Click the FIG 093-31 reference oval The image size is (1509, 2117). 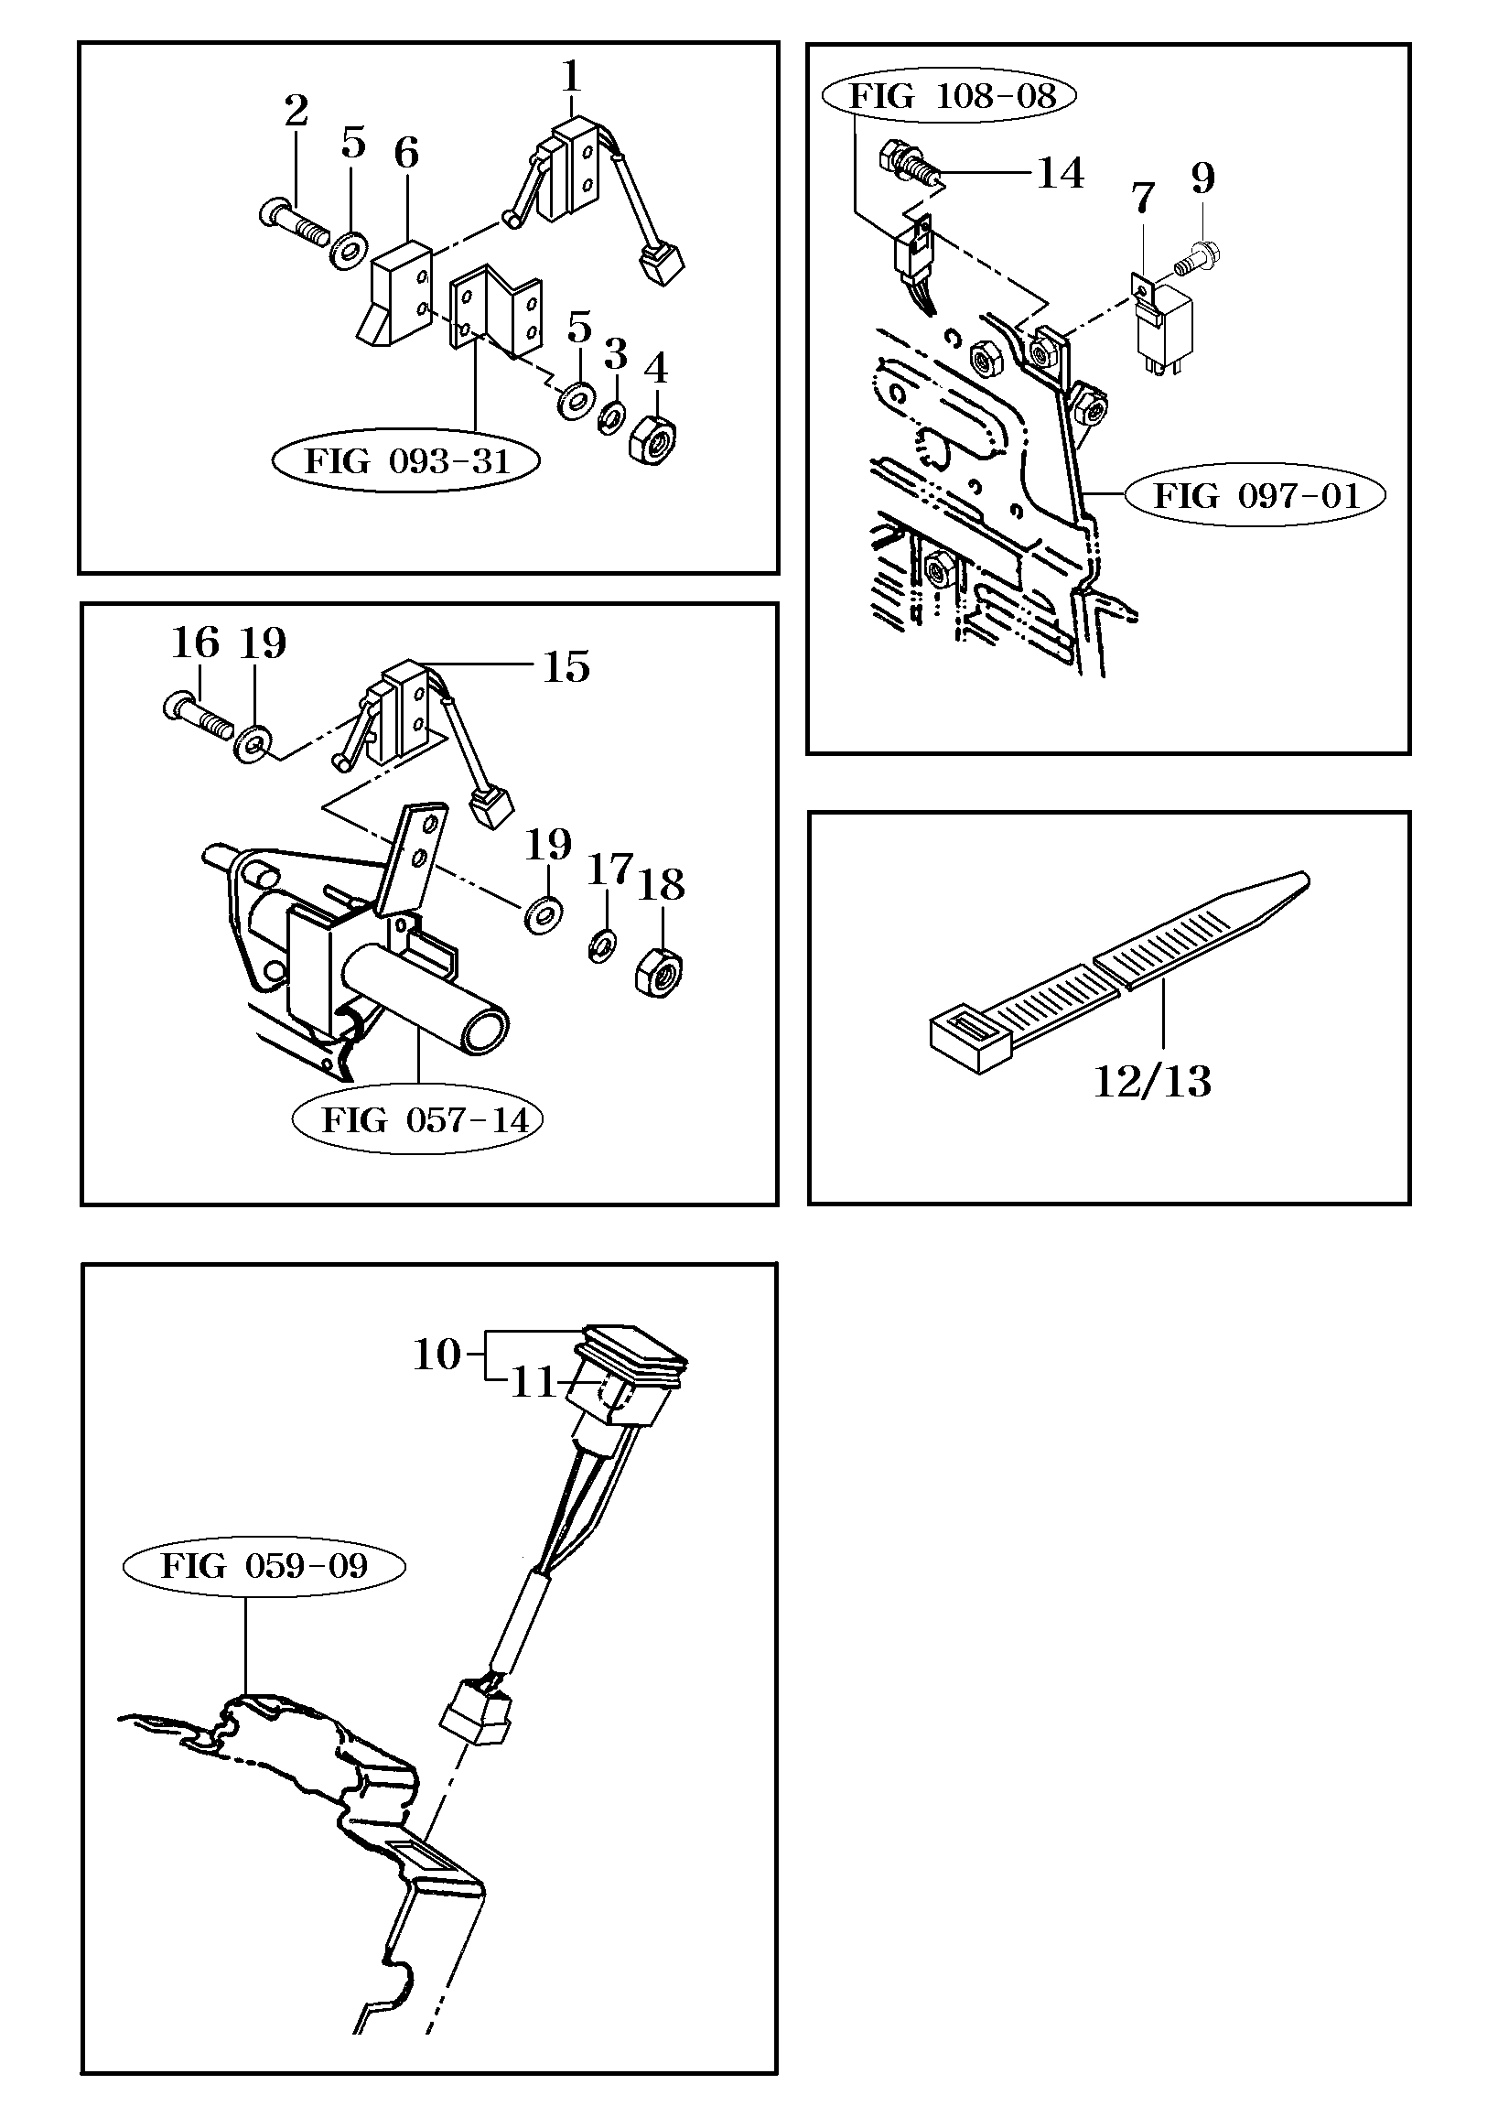(406, 461)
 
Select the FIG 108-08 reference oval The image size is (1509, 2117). (953, 96)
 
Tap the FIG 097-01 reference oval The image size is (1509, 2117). (1256, 496)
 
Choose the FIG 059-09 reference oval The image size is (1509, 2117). (264, 1566)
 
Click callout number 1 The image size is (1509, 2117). (571, 75)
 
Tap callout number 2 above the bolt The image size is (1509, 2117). (296, 112)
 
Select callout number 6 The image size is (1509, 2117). (405, 153)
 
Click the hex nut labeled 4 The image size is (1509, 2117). (654, 437)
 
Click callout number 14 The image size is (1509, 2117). (1061, 174)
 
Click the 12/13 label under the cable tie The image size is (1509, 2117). (1152, 1082)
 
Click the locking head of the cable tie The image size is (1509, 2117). (970, 1037)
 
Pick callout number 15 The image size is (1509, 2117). (566, 667)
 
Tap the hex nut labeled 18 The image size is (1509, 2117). (658, 975)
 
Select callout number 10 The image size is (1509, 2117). (437, 1354)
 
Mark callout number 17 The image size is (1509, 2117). (609, 870)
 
